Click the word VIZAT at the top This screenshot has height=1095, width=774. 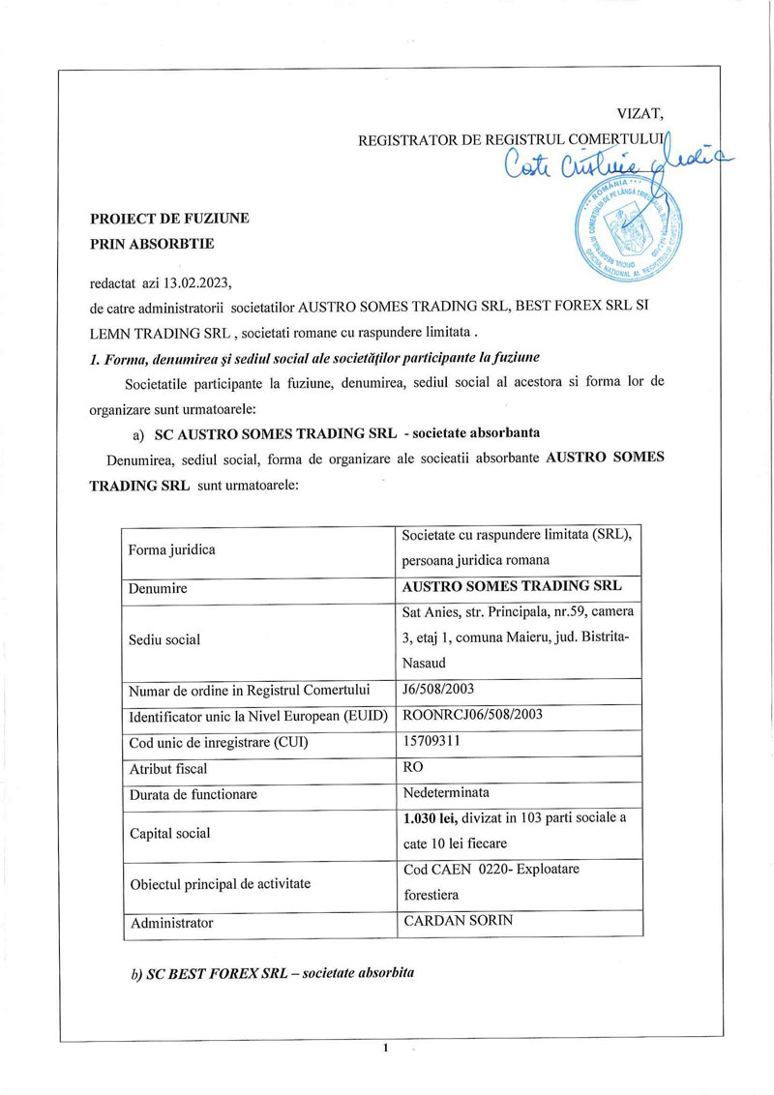[x=640, y=115]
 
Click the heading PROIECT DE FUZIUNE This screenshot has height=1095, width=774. [x=169, y=219]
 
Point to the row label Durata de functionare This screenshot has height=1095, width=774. [x=193, y=794]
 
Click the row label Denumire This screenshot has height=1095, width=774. [x=159, y=588]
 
